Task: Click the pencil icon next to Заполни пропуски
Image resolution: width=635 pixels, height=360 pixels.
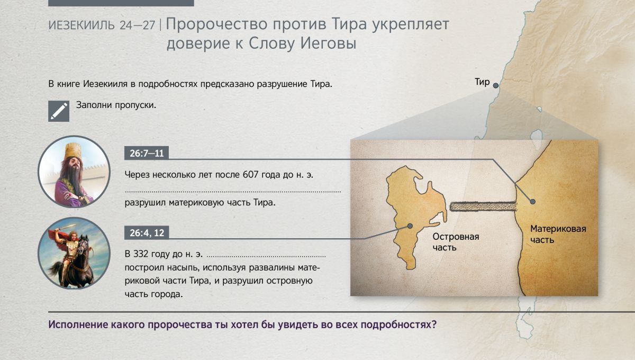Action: (x=59, y=111)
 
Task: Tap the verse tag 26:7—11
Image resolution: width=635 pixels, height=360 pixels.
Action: (x=147, y=153)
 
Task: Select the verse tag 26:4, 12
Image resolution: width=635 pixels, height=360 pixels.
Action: (x=147, y=232)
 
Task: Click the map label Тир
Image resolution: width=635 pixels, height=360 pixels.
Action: (x=482, y=82)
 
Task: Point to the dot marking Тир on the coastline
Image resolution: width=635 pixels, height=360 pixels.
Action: (x=495, y=85)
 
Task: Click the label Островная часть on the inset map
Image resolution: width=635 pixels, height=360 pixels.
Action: (x=456, y=242)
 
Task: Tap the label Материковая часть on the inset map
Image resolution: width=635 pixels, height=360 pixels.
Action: (x=558, y=235)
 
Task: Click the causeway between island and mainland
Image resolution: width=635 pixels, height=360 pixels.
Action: (x=483, y=206)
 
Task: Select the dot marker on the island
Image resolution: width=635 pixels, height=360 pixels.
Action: (x=410, y=226)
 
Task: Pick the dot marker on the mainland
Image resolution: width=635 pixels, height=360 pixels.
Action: (x=533, y=201)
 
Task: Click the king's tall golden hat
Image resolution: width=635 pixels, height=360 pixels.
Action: (x=73, y=151)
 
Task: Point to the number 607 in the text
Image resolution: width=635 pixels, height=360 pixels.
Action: (x=251, y=175)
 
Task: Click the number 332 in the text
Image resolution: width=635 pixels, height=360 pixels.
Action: (x=141, y=254)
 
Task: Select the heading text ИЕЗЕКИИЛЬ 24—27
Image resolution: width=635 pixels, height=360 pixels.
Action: (x=102, y=25)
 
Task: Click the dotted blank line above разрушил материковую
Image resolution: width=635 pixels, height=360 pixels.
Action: (x=233, y=192)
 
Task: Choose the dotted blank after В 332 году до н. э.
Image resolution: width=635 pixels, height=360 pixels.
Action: (x=266, y=257)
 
